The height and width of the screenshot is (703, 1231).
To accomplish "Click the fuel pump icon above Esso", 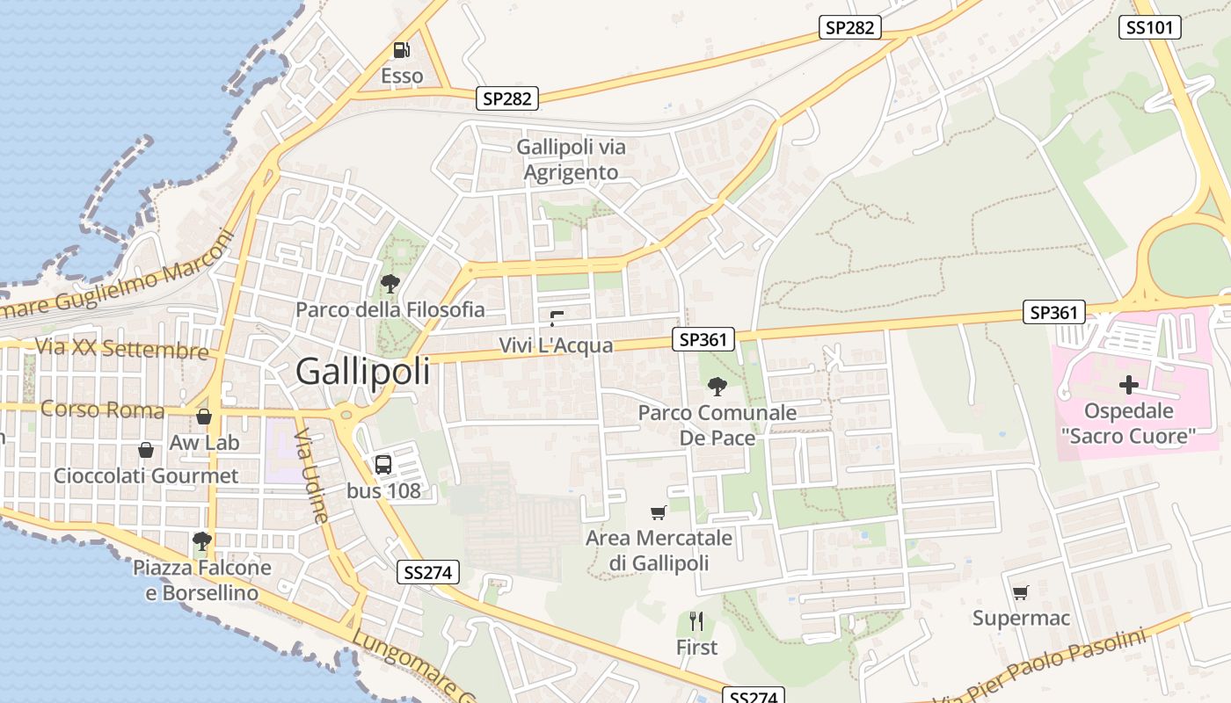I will [402, 50].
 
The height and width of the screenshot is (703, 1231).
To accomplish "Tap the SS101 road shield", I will [1150, 27].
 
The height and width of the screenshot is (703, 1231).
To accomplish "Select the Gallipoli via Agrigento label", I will [571, 159].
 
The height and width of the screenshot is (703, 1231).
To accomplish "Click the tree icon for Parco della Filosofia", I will [390, 284].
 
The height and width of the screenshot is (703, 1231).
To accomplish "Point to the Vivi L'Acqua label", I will [556, 345].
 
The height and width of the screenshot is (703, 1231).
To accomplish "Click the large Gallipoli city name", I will [363, 372].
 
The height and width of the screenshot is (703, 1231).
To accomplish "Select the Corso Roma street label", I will [102, 409].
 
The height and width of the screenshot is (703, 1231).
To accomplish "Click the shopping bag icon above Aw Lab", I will [204, 417].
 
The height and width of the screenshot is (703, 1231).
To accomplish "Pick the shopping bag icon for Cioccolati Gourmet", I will [146, 450].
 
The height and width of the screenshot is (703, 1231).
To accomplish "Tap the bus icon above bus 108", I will [383, 465].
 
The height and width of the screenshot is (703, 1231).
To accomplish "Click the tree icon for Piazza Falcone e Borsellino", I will [202, 541].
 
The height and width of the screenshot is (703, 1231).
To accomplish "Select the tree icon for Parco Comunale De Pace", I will [717, 386].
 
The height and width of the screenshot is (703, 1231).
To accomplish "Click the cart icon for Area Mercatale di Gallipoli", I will [658, 512].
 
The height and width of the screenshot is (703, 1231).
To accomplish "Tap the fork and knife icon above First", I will [696, 621].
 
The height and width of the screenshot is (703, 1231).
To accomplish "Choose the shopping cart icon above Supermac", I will [1020, 592].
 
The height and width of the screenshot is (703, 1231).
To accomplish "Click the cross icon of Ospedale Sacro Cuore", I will [1128, 385].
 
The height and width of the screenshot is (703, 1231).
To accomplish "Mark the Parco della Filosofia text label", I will [390, 309].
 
